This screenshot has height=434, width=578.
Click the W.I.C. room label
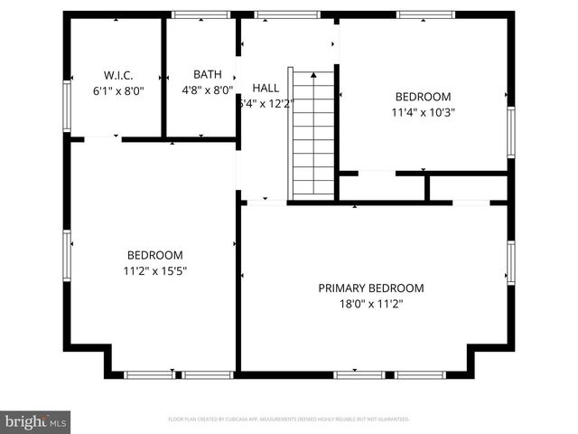tap(119, 74)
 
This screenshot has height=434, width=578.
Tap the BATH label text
tap(207, 74)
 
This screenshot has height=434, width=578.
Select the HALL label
tap(266, 88)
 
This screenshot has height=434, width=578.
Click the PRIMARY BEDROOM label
tap(370, 288)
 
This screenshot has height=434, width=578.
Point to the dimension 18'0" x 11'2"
tap(370, 305)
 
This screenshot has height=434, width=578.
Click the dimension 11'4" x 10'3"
tap(422, 113)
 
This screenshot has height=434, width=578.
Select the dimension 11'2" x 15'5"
tap(154, 270)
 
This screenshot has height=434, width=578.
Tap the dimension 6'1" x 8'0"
tap(119, 90)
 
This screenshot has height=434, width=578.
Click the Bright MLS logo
tap(35, 421)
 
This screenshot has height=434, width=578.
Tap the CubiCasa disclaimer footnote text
tap(289, 420)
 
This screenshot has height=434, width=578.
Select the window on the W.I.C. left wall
tap(66, 107)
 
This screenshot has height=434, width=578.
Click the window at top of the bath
tap(200, 14)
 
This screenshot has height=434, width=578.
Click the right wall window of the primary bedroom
tap(510, 262)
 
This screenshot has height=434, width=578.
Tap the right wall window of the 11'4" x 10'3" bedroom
tap(510, 132)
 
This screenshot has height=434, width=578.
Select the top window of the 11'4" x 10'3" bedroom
tap(424, 14)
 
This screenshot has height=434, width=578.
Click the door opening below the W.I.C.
tap(103, 139)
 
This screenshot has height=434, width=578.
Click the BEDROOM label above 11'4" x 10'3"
tap(422, 97)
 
